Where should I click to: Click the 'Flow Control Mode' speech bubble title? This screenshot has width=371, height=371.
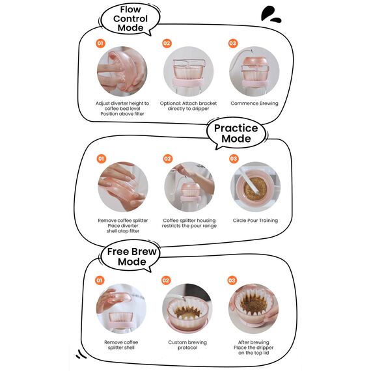click(130, 19)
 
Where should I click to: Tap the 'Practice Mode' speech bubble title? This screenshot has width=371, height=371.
click(236, 133)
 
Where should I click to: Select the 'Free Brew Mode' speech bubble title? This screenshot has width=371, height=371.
click(131, 256)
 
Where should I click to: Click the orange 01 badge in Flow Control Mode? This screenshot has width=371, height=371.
click(100, 44)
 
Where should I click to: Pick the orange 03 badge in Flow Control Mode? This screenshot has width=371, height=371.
click(233, 44)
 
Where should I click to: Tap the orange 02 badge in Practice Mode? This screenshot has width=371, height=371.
click(167, 159)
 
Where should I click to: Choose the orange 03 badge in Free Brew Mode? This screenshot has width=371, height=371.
click(232, 281)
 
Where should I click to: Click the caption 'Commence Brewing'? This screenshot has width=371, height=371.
click(254, 103)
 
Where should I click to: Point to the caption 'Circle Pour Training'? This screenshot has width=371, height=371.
click(255, 221)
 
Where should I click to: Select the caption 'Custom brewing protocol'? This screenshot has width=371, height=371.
click(187, 345)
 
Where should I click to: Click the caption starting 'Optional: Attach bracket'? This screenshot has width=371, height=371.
click(188, 106)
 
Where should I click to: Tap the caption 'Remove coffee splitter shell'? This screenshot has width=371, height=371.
click(121, 345)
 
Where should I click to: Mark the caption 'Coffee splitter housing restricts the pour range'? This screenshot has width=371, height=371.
click(189, 223)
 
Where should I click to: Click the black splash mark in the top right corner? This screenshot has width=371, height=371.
click(271, 14)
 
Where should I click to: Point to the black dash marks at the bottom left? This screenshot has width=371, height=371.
click(81, 354)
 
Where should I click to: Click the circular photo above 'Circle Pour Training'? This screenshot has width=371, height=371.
click(256, 187)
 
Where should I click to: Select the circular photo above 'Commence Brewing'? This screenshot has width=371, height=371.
click(254, 71)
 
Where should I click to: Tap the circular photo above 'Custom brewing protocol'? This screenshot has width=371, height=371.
click(187, 309)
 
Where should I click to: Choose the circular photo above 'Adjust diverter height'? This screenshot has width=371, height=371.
click(122, 71)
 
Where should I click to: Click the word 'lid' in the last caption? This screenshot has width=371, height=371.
click(266, 353)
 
